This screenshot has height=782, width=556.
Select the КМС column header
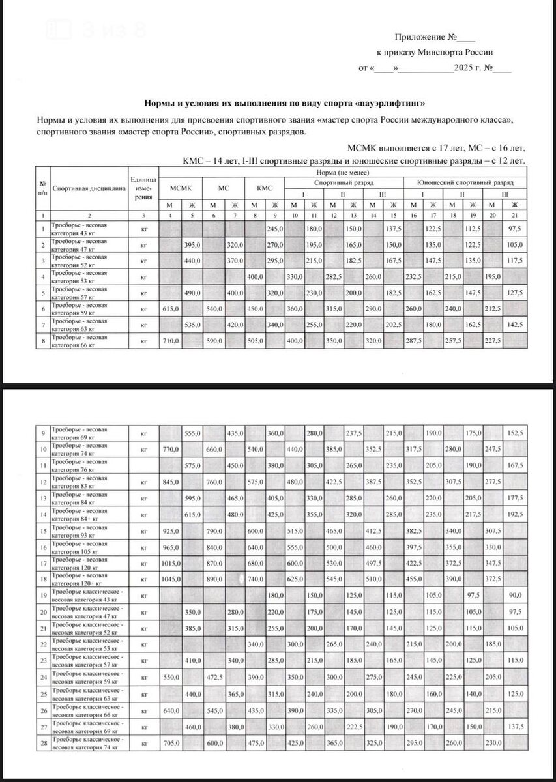point(265,188)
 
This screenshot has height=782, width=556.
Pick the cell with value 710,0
point(171,341)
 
